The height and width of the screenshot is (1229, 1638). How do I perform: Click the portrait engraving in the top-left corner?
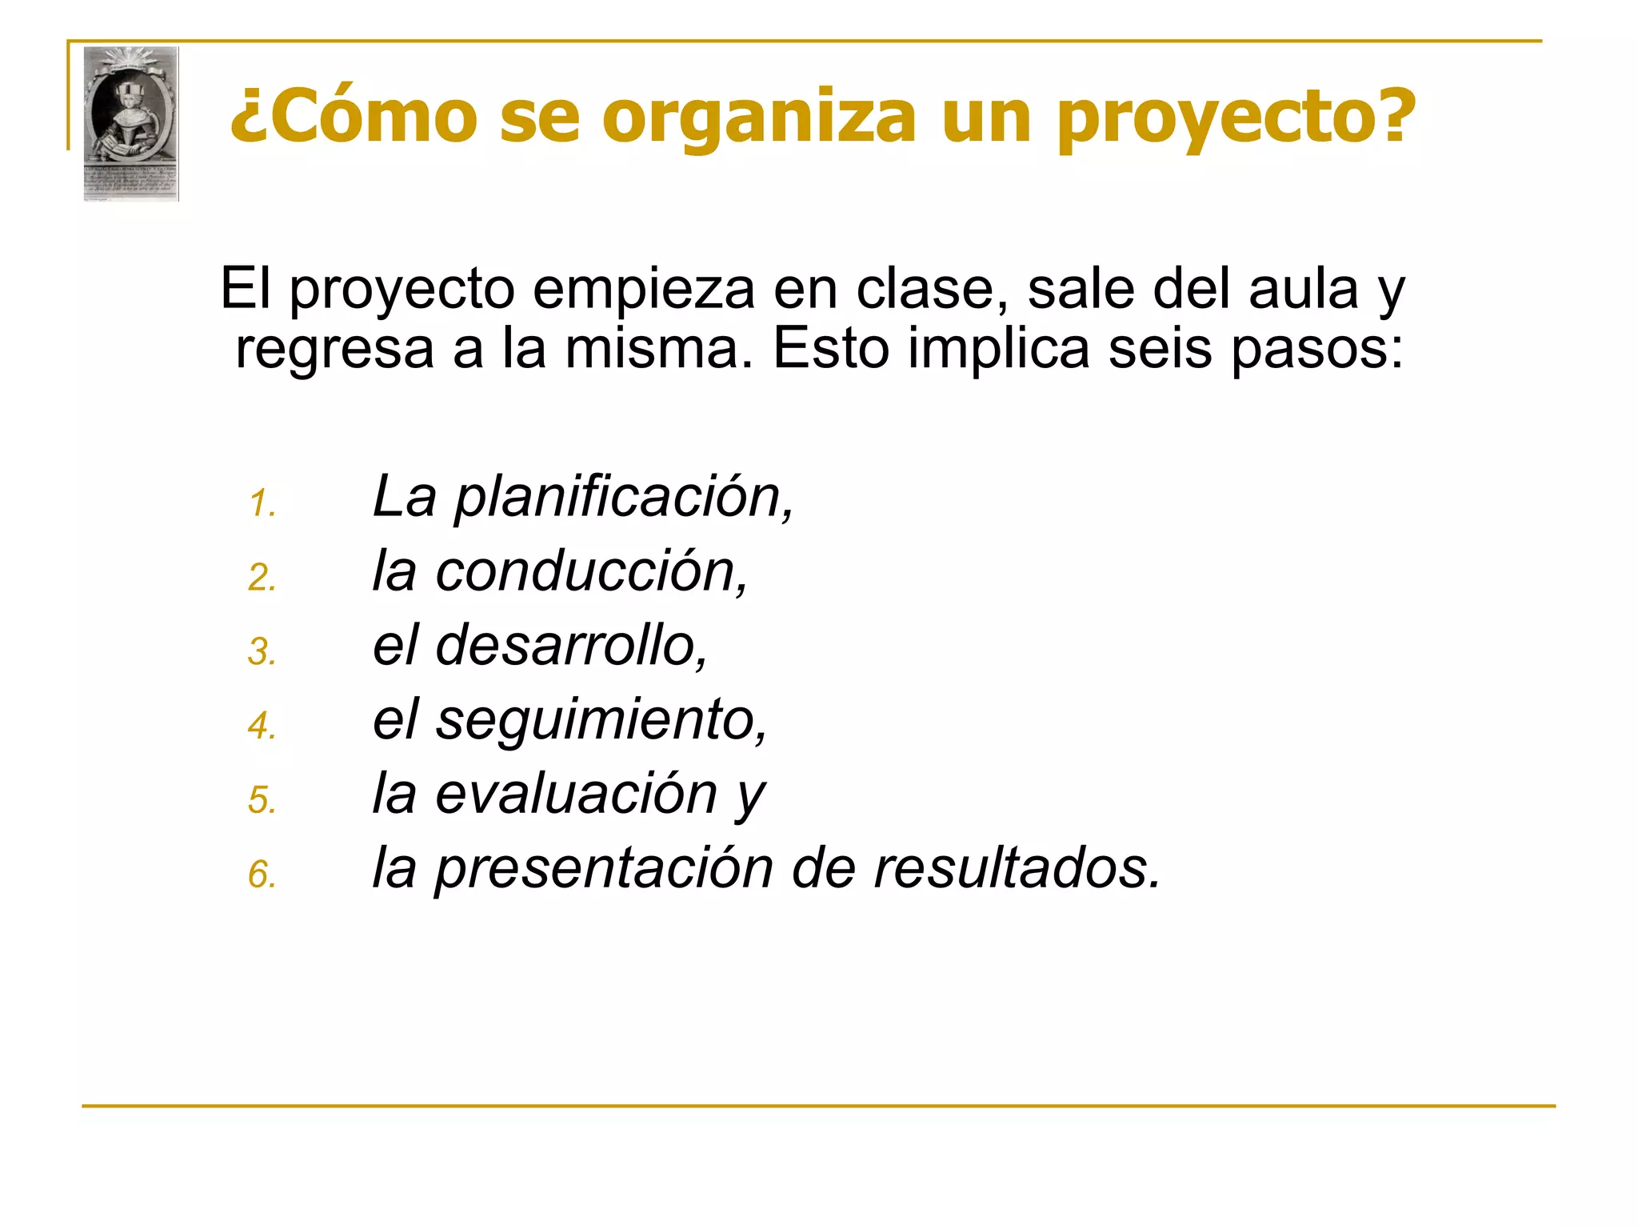tap(131, 123)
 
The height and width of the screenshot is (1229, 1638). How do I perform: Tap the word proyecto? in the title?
tap(1236, 118)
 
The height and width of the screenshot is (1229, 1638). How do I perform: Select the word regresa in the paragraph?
tap(334, 349)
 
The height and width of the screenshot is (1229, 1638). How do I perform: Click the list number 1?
tap(262, 504)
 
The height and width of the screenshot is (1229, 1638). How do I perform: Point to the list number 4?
tap(262, 727)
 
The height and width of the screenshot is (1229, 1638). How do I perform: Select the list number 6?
tap(262, 875)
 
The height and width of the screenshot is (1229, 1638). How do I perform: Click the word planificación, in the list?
tap(624, 498)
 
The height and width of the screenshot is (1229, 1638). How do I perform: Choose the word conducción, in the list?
tap(592, 571)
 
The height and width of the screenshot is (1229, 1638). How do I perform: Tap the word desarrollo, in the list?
tap(572, 645)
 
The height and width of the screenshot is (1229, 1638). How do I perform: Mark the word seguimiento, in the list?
tap(601, 720)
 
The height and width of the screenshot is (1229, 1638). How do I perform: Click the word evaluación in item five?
tap(576, 794)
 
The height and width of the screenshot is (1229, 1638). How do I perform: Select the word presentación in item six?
tap(604, 869)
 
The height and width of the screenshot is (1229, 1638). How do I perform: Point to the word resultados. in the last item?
tap(1017, 867)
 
